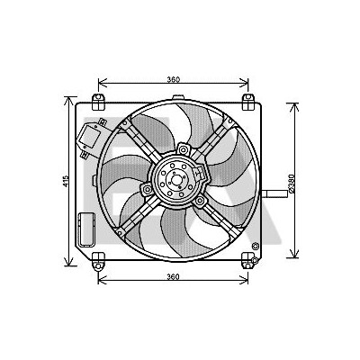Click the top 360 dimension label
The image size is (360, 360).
click(174, 79)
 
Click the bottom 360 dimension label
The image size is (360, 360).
click(174, 276)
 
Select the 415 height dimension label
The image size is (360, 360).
click(67, 182)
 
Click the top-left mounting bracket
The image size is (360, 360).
click(98, 102)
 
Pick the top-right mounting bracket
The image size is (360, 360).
click(248, 102)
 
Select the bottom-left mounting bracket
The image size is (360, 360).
click(98, 262)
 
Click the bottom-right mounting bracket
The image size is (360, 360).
click(248, 260)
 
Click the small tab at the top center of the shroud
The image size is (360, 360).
click(178, 97)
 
